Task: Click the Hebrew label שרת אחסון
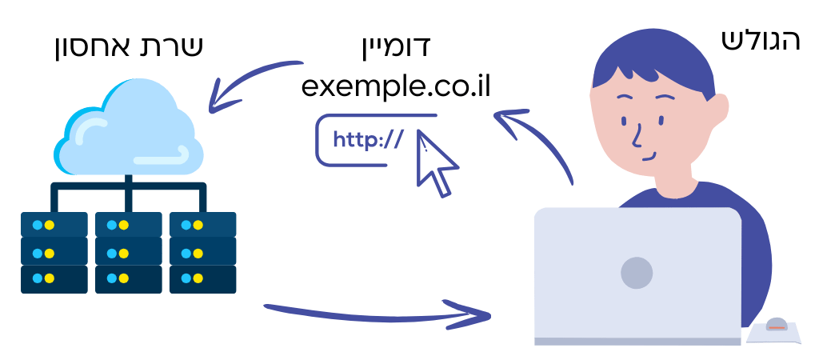click(x=128, y=47)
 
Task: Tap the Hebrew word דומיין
click(x=394, y=46)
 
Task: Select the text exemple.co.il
click(x=396, y=86)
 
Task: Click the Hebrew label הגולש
click(x=761, y=40)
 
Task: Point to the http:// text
click(x=368, y=140)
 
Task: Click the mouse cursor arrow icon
click(x=436, y=162)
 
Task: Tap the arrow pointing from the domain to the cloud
click(x=246, y=78)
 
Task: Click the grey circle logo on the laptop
click(x=637, y=273)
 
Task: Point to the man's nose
click(x=637, y=136)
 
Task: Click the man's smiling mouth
click(x=649, y=156)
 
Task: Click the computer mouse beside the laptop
click(x=776, y=324)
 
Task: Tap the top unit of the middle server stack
click(x=129, y=225)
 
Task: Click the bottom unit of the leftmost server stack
click(x=54, y=279)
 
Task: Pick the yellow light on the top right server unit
click(x=198, y=225)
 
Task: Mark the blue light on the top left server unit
click(x=37, y=225)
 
